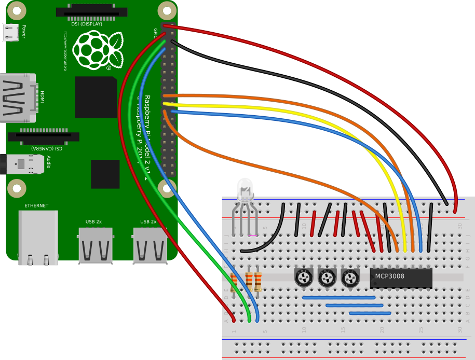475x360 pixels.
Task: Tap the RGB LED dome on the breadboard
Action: point(245,188)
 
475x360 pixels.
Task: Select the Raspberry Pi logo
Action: point(98,50)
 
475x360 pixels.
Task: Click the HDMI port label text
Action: point(43,96)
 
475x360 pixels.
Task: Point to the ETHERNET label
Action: point(36,206)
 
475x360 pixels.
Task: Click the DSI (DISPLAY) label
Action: point(87,24)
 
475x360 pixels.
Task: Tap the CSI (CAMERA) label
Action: point(47,148)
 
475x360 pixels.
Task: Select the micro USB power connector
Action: point(10,33)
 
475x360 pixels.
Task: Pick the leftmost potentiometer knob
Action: point(303,278)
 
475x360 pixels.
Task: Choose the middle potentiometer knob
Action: point(327,278)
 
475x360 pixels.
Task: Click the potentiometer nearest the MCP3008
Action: point(350,278)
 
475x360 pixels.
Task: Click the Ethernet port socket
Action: point(38,237)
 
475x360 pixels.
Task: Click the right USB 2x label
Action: point(148,222)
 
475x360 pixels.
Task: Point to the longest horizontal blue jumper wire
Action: point(338,298)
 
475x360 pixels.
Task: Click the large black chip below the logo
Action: point(96,97)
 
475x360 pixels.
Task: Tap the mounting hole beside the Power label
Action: point(17,10)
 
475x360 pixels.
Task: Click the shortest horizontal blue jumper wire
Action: point(370,313)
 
